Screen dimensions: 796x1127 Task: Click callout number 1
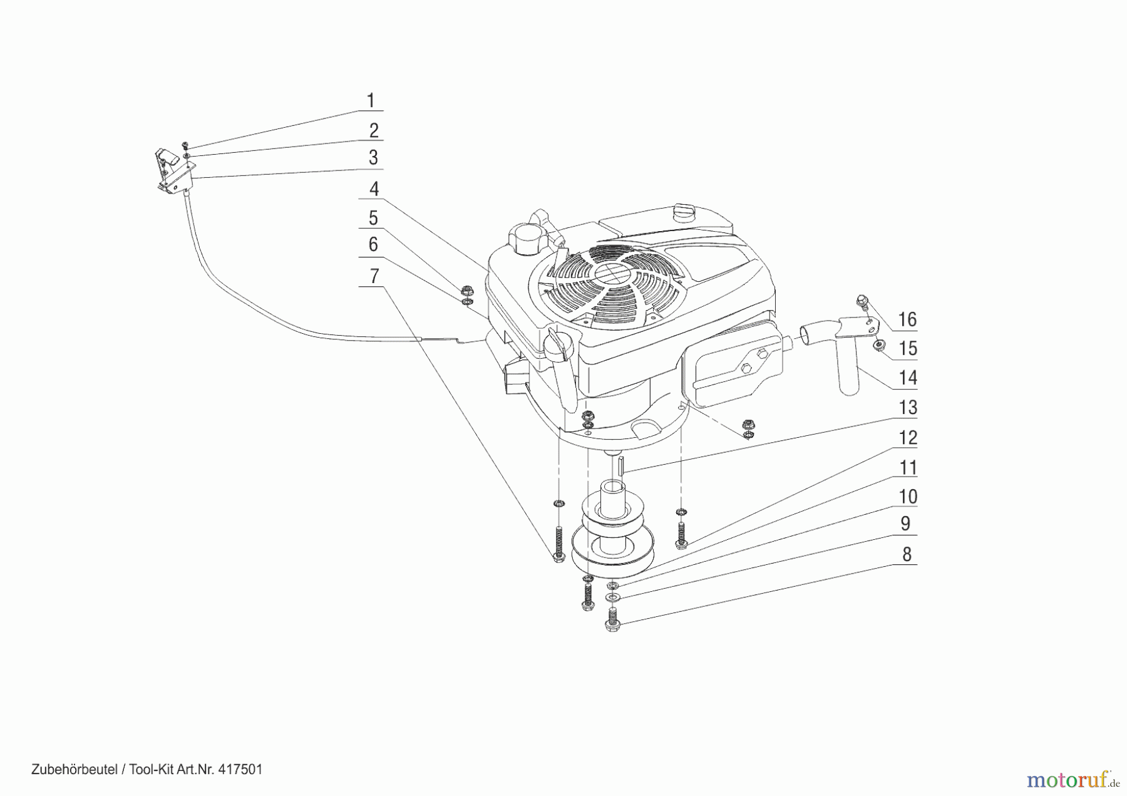point(370,101)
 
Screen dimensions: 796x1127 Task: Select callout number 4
point(374,189)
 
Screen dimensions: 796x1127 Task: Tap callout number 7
point(374,276)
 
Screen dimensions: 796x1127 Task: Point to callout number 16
point(907,320)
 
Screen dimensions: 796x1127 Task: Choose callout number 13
point(908,408)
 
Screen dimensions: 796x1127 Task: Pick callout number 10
point(908,497)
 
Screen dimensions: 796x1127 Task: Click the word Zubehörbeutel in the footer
point(75,769)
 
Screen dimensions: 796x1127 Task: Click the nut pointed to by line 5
point(465,289)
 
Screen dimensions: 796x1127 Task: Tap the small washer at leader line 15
point(880,344)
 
